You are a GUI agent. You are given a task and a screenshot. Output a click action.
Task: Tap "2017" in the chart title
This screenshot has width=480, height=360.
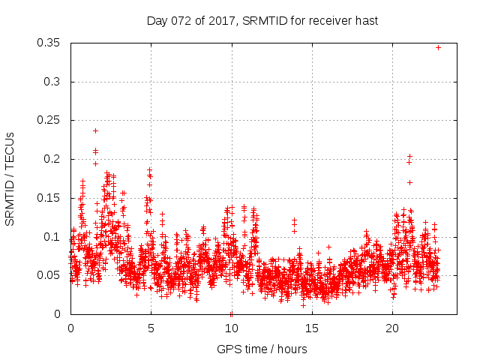click(x=216, y=21)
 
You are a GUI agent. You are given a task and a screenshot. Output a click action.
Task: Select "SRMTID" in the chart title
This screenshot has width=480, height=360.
click(x=264, y=21)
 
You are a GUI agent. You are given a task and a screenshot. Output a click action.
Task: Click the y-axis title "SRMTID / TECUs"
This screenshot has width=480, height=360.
click(x=10, y=178)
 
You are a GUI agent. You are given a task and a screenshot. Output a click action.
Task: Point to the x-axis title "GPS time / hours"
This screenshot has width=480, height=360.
click(x=262, y=349)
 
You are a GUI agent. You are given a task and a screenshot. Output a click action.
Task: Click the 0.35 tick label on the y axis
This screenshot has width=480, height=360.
click(x=51, y=43)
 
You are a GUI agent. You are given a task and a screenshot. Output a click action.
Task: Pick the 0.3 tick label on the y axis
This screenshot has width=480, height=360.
click(x=54, y=82)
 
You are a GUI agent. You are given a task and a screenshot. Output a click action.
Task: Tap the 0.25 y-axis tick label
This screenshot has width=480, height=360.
click(x=51, y=120)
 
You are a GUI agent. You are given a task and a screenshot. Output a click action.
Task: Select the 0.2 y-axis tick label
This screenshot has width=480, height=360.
click(x=54, y=159)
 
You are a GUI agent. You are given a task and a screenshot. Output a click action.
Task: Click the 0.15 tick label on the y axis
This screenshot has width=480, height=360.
click(x=51, y=198)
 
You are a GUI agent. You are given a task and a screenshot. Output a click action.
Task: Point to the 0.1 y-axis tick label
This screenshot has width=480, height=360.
click(x=54, y=237)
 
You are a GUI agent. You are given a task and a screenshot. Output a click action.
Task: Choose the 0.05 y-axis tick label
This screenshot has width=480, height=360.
click(x=51, y=275)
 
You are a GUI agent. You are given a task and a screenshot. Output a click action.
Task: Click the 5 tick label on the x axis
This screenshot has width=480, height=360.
click(x=151, y=328)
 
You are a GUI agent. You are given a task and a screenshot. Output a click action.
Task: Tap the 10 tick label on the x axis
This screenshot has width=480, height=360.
click(x=231, y=328)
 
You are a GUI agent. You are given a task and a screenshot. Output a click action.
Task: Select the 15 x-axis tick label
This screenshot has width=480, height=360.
click(x=311, y=328)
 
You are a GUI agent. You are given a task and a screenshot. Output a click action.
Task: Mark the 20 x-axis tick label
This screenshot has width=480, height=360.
click(x=391, y=328)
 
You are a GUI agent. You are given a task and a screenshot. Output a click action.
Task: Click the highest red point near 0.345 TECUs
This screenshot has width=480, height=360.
click(x=439, y=47)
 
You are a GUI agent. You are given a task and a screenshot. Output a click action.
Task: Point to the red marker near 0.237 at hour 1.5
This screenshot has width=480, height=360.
click(x=95, y=130)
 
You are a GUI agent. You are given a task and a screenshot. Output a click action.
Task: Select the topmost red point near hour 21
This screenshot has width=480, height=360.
click(x=409, y=156)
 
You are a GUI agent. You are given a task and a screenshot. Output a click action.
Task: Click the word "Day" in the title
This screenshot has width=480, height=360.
click(x=156, y=21)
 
